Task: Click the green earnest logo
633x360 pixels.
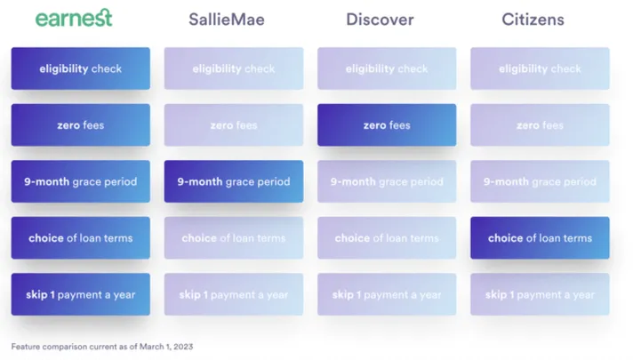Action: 74,18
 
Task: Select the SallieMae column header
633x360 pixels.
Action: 227,20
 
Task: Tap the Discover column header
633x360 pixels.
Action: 380,20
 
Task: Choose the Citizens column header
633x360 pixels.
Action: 533,20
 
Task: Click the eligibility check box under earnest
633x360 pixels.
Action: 81,68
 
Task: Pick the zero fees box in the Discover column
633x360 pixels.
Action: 387,125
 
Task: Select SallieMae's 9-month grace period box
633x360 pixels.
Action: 234,181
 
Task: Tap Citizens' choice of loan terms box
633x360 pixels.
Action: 540,238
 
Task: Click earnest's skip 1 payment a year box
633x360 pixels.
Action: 81,294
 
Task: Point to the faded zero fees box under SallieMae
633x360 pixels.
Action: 234,125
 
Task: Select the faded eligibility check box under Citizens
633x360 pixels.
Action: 540,68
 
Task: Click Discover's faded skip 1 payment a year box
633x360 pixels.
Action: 387,294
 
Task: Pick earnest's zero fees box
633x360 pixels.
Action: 81,125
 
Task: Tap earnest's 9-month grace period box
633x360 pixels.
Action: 81,181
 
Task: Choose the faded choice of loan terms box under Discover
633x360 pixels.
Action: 387,238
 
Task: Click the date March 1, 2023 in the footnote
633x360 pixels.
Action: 166,347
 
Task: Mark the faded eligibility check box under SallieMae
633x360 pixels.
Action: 234,68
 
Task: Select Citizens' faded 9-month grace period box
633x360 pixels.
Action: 540,181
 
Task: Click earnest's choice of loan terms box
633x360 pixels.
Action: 81,238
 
